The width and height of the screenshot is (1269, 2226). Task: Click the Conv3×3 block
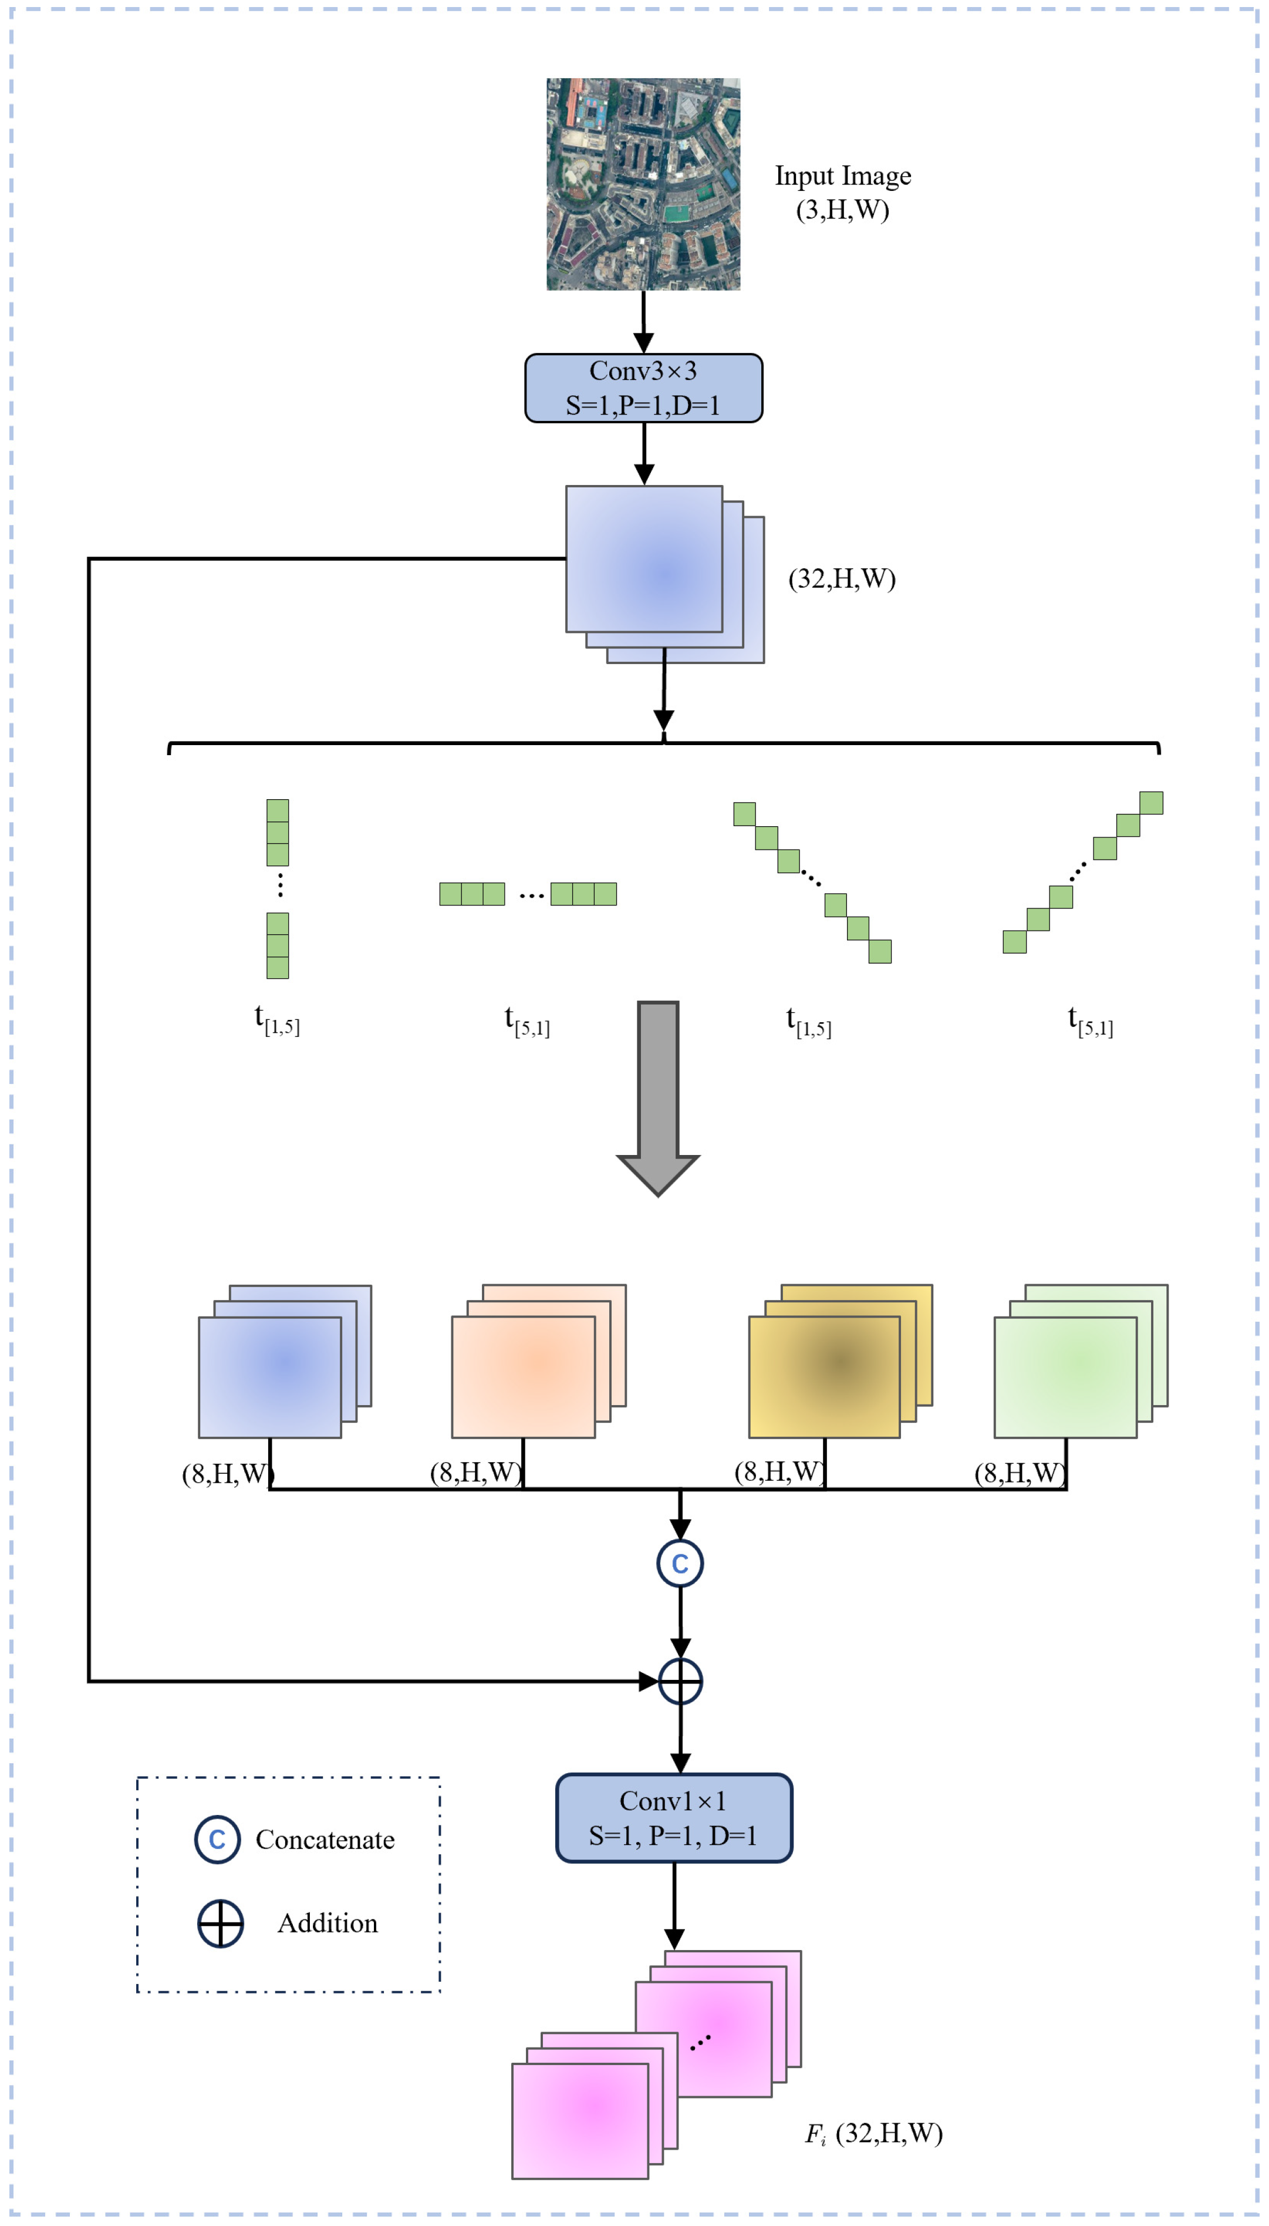click(643, 388)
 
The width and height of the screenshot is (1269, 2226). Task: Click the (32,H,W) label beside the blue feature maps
click(841, 579)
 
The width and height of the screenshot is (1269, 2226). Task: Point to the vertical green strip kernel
click(277, 888)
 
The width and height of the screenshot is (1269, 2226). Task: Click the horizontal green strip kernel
click(527, 894)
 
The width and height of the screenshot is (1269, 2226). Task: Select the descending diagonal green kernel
click(811, 881)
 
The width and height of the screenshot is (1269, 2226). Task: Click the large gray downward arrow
click(658, 1095)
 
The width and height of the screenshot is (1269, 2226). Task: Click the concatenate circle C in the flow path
click(680, 1563)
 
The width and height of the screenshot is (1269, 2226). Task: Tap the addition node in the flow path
click(680, 1681)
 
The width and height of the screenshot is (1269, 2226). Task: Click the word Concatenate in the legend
click(324, 1840)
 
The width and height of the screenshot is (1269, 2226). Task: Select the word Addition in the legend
click(327, 1924)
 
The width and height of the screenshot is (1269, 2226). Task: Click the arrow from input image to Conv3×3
click(643, 321)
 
